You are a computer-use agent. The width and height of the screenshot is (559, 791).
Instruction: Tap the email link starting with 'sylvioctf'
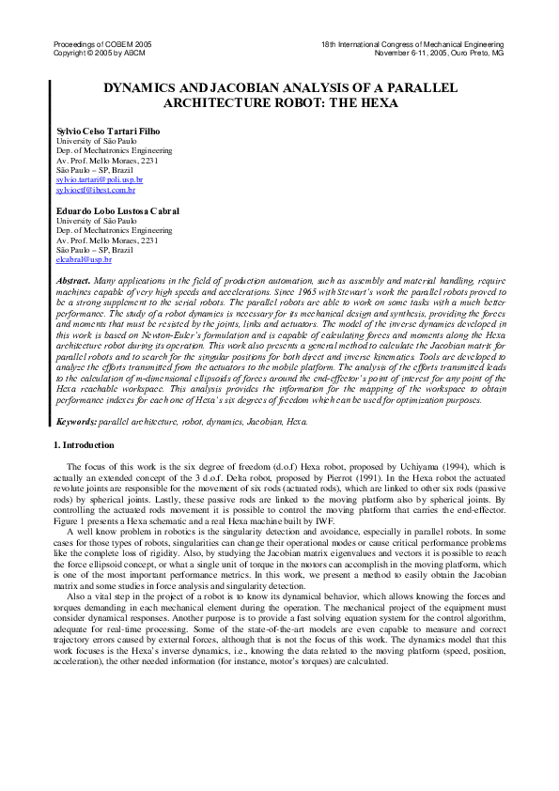96,189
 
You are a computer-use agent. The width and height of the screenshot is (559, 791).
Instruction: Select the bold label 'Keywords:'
76,421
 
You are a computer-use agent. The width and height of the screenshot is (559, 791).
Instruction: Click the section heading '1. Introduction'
83,445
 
